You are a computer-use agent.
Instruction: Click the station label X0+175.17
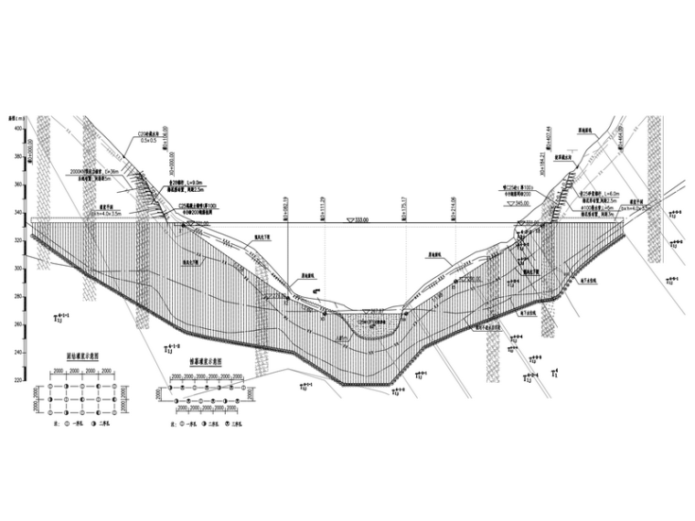[402, 208]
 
